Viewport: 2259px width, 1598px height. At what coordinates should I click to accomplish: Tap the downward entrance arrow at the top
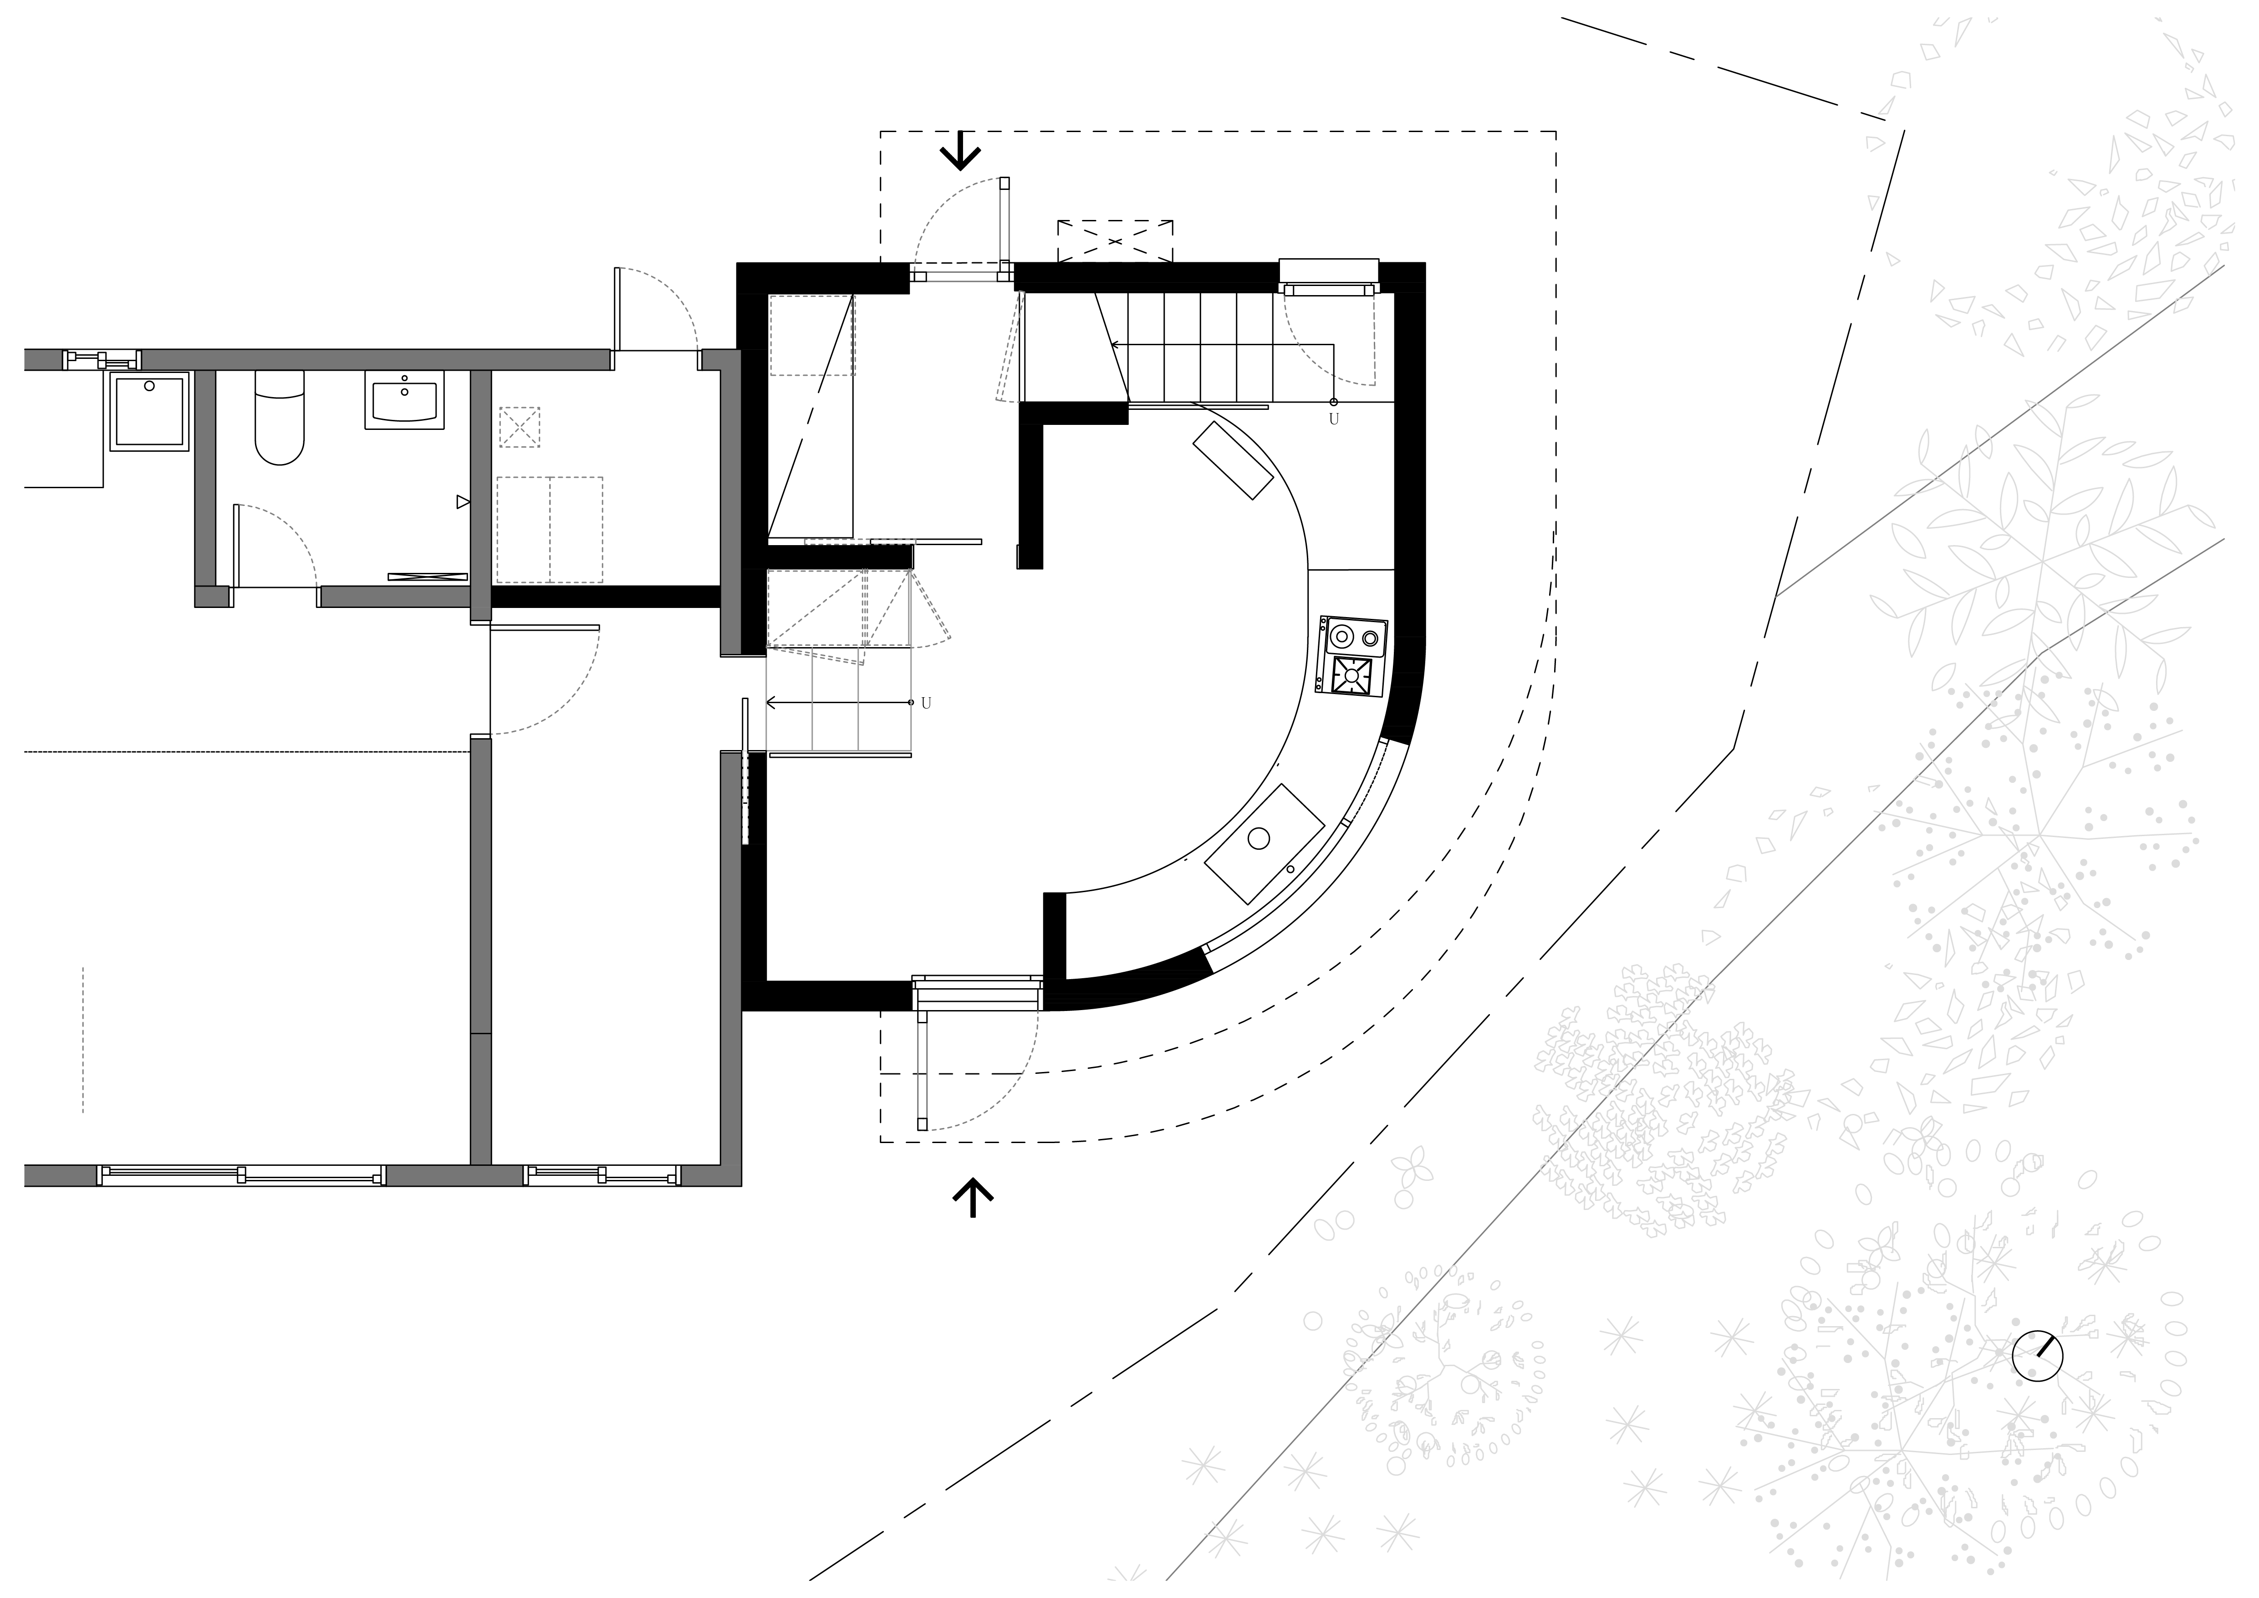point(960,152)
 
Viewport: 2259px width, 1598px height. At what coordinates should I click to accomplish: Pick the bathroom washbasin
point(404,399)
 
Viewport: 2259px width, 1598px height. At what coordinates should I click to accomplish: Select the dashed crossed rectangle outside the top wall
point(1115,241)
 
